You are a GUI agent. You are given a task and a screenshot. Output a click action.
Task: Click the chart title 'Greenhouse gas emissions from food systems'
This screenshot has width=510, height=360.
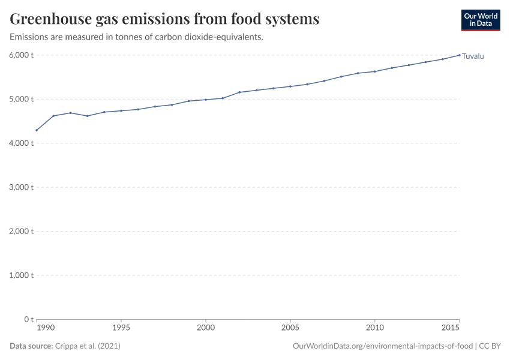pyautogui.click(x=164, y=19)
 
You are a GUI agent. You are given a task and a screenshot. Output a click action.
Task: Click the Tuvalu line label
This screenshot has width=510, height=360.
pyautogui.click(x=473, y=56)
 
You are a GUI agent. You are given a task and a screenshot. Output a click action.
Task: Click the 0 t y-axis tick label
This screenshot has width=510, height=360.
pyautogui.click(x=28, y=319)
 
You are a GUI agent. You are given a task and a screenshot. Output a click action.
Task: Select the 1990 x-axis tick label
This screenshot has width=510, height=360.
pyautogui.click(x=45, y=328)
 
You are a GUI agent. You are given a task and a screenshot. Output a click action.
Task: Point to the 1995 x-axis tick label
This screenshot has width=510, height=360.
pyautogui.click(x=121, y=328)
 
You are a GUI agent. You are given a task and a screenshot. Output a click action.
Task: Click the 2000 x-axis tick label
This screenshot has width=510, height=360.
pyautogui.click(x=206, y=328)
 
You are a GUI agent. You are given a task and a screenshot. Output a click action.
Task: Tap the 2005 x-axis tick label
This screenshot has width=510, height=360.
pyautogui.click(x=290, y=328)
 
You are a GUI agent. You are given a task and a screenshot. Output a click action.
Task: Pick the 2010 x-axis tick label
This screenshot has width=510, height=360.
pyautogui.click(x=375, y=328)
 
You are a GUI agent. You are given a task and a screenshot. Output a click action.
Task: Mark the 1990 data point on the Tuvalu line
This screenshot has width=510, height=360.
pyautogui.click(x=37, y=130)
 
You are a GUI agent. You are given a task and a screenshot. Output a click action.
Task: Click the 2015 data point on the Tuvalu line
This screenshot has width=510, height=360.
pyautogui.click(x=460, y=55)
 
